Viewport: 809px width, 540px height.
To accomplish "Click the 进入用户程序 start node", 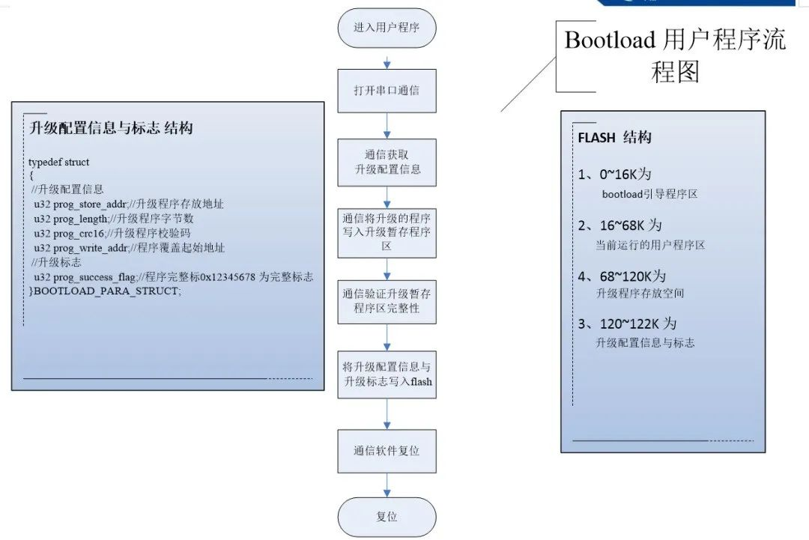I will (x=387, y=28).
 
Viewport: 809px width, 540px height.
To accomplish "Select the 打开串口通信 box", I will (x=387, y=91).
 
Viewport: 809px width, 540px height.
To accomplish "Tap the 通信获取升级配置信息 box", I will (x=387, y=162).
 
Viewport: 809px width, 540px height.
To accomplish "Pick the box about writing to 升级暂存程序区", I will (x=387, y=232).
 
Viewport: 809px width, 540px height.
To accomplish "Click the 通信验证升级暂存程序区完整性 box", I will (x=387, y=300).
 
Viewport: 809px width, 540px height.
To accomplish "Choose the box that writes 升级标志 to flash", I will (x=387, y=374).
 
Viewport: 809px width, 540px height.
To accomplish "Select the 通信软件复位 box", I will (x=387, y=451).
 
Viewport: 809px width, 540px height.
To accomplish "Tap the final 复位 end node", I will (x=387, y=517).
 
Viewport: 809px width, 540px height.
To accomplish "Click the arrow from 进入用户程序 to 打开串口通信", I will (x=387, y=59).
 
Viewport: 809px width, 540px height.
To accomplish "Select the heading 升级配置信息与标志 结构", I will (x=111, y=128).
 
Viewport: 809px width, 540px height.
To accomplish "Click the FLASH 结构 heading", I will (x=614, y=138).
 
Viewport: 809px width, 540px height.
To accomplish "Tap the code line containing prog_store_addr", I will (x=128, y=203).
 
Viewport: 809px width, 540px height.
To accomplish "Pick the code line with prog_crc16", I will (x=112, y=233).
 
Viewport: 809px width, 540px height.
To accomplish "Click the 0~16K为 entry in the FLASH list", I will (x=615, y=175).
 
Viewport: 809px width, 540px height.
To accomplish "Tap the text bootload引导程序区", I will (x=649, y=195).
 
